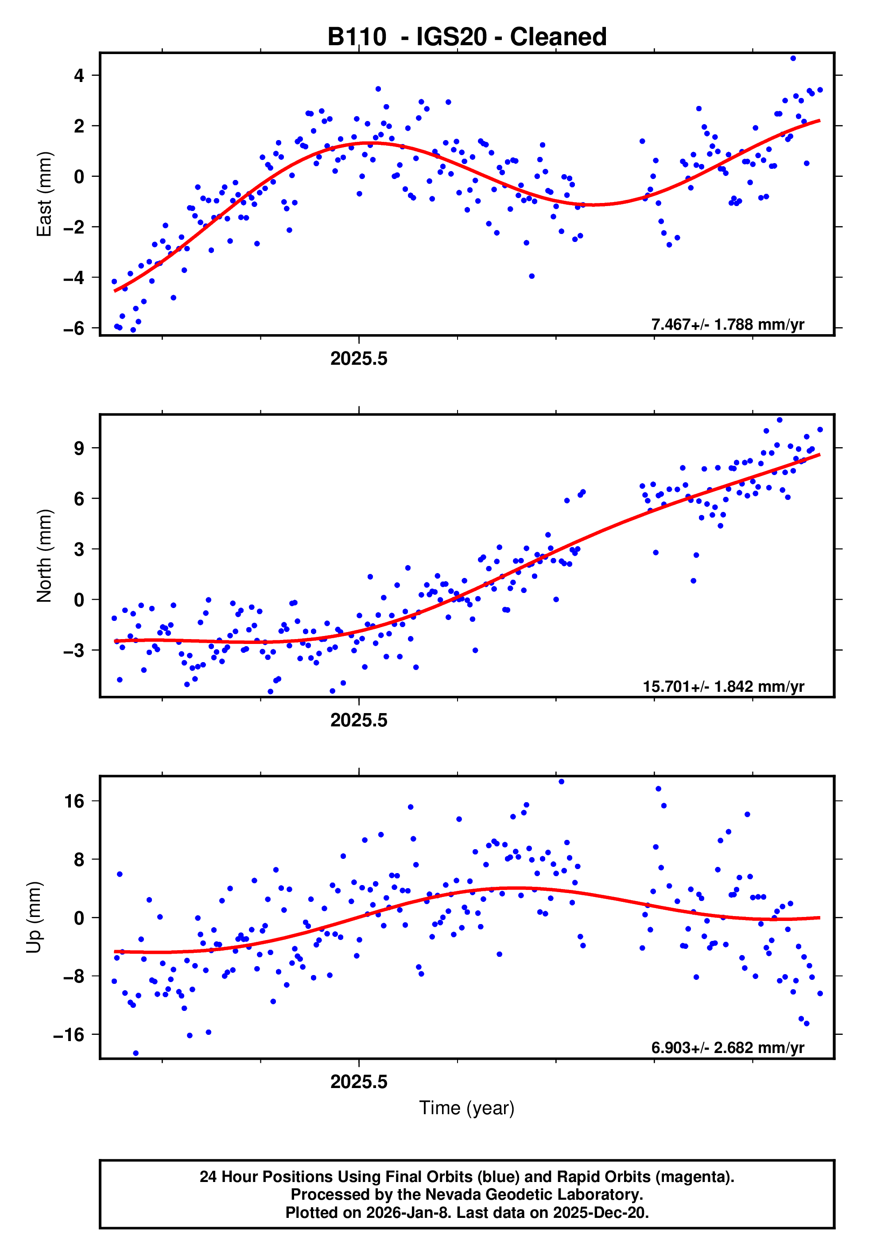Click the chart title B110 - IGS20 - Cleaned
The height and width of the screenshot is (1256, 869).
pyautogui.click(x=467, y=37)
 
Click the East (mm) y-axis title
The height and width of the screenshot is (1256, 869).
pyautogui.click(x=43, y=195)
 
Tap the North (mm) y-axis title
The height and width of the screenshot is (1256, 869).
pyautogui.click(x=43, y=556)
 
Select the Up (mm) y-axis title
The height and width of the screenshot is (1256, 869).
pyautogui.click(x=34, y=917)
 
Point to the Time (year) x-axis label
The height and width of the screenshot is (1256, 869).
pyautogui.click(x=467, y=1108)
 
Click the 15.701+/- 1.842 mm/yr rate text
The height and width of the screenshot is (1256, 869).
pyautogui.click(x=723, y=686)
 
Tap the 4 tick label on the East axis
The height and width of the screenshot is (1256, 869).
pyautogui.click(x=79, y=76)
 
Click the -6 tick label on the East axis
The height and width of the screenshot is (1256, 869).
pyautogui.click(x=74, y=328)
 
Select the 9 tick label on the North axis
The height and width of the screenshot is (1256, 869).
pyautogui.click(x=79, y=448)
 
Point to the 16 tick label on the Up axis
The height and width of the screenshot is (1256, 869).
pyautogui.click(x=74, y=801)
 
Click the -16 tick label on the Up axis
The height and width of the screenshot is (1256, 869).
pyautogui.click(x=69, y=1034)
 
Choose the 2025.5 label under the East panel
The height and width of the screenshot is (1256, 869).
pyautogui.click(x=359, y=359)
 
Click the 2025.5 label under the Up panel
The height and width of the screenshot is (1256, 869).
pyautogui.click(x=359, y=1082)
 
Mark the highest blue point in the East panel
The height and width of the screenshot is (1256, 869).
pyautogui.click(x=793, y=58)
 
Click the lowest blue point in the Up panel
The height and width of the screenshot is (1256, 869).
pyautogui.click(x=136, y=1053)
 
